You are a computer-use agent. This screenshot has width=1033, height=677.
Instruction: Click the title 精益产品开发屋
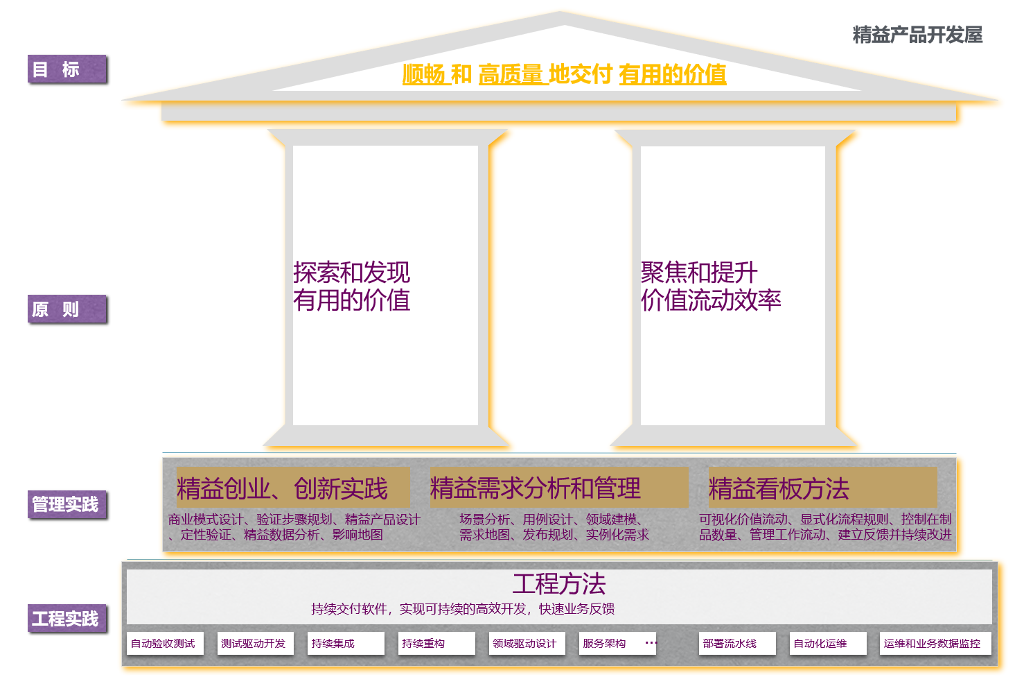pyautogui.click(x=917, y=35)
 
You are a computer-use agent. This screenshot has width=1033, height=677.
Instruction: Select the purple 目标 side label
pyautogui.click(x=67, y=69)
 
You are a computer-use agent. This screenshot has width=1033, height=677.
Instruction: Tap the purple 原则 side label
pyautogui.click(x=67, y=309)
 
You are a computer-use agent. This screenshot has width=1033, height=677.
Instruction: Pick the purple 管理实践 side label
pyautogui.click(x=67, y=504)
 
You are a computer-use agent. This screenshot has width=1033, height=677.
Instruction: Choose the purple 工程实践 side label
pyautogui.click(x=67, y=618)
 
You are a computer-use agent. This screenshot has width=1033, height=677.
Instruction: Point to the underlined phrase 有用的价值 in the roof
pyautogui.click(x=672, y=74)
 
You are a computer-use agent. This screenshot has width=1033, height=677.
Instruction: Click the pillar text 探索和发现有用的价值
pyautogui.click(x=351, y=286)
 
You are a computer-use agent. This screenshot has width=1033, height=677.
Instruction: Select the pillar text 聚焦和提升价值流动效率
pyautogui.click(x=711, y=286)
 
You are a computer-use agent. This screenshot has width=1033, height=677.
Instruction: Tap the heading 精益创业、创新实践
pyautogui.click(x=282, y=488)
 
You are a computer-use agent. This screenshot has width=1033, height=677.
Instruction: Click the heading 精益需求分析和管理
pyautogui.click(x=536, y=488)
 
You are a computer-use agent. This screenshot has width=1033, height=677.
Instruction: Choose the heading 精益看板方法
pyautogui.click(x=779, y=488)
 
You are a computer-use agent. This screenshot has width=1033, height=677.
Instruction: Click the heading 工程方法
pyautogui.click(x=559, y=584)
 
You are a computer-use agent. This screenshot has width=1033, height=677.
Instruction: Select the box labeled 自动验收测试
pyautogui.click(x=165, y=643)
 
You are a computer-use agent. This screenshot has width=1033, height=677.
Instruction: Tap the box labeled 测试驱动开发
pyautogui.click(x=255, y=643)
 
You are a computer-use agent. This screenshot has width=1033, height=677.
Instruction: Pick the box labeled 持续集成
pyautogui.click(x=346, y=643)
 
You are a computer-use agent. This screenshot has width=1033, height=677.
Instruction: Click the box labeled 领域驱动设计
pyautogui.click(x=527, y=643)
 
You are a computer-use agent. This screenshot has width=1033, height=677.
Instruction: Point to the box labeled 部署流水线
pyautogui.click(x=737, y=643)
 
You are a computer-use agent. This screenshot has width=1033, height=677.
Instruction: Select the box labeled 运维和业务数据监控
pyautogui.click(x=935, y=643)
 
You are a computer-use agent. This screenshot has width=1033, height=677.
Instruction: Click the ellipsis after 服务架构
pyautogui.click(x=651, y=642)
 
